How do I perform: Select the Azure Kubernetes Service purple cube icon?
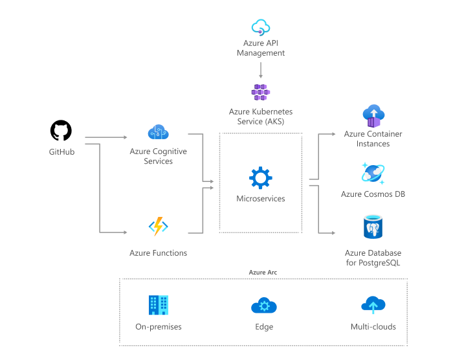click(260, 91)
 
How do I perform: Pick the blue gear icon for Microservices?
click(261, 178)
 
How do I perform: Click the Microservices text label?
click(261, 199)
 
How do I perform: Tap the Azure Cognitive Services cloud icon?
click(158, 132)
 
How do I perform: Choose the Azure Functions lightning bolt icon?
click(158, 226)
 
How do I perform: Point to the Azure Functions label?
click(158, 253)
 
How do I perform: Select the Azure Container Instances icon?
click(373, 115)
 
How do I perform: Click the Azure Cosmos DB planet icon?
click(373, 174)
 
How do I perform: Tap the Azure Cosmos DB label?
click(373, 194)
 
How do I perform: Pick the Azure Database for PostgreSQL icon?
click(373, 228)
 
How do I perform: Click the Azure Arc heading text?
click(263, 273)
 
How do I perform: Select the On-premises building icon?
click(158, 305)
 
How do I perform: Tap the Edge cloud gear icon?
click(263, 306)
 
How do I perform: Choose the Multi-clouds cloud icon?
click(373, 305)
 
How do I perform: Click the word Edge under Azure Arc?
click(264, 327)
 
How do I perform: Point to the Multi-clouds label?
click(373, 327)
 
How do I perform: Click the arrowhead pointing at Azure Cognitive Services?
click(126, 137)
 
